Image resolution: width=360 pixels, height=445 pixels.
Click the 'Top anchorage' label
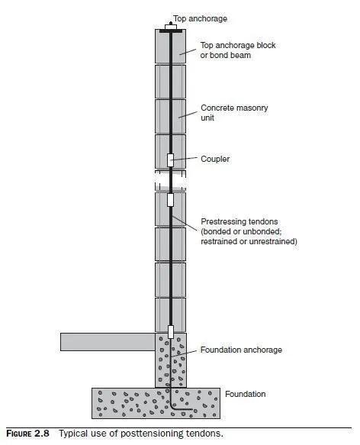pos(200,19)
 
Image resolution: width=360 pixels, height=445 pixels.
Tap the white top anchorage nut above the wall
pos(171,27)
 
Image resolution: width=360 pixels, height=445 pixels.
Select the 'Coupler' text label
pos(215,159)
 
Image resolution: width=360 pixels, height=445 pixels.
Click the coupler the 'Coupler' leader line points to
pos(170,160)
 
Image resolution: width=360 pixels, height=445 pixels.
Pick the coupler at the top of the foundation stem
pos(171,332)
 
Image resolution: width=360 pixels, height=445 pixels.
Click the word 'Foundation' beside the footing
pos(246,394)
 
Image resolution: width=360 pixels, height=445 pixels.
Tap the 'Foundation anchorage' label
pos(241,350)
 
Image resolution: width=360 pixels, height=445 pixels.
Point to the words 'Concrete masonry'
pos(234,108)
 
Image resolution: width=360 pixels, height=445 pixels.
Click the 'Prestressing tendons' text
pos(239,221)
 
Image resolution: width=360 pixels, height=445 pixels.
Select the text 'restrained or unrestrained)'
pos(249,241)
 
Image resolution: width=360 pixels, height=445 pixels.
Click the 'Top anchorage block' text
pos(238,45)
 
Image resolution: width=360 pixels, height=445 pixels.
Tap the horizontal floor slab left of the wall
pos(108,342)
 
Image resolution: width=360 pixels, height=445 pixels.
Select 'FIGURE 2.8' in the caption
pos(27,434)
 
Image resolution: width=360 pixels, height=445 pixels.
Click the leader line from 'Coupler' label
pos(185,159)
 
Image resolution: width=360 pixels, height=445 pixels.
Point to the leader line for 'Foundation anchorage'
pos(184,353)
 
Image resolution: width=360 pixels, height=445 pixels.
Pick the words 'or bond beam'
pos(226,56)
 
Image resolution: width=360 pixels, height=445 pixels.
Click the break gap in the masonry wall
pos(171,180)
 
